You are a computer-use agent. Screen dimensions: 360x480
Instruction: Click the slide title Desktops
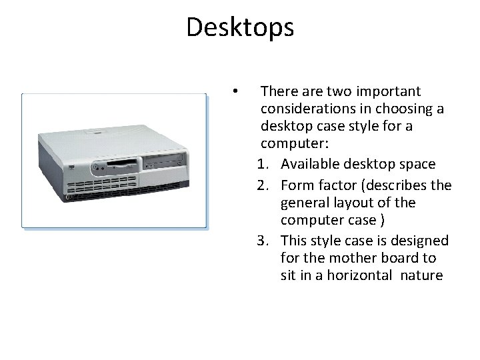point(240,27)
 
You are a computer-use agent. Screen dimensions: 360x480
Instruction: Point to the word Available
point(309,165)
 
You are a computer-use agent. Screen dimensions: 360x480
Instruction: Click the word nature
point(420,276)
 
